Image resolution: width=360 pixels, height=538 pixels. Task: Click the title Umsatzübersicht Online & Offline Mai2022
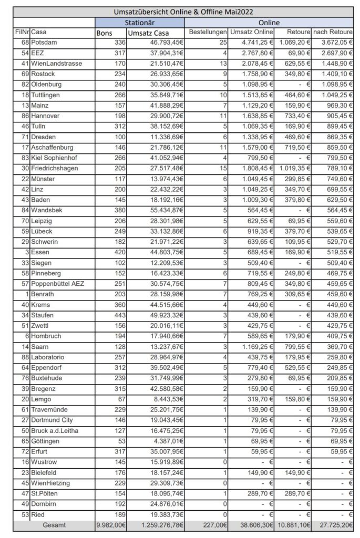184,11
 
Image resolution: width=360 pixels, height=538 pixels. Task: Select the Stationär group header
139,23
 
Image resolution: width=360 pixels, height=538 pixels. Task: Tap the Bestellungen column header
208,33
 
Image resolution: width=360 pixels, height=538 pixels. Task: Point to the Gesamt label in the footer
54,525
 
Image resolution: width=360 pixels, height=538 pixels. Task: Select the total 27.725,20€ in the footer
333,525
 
